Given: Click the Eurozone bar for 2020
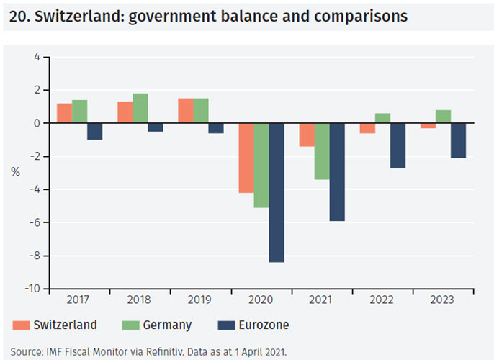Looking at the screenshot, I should pyautogui.click(x=277, y=192).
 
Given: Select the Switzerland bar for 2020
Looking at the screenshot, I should pyautogui.click(x=246, y=158).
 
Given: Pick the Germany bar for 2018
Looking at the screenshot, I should pyautogui.click(x=140, y=108).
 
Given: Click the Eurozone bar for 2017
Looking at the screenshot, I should pyautogui.click(x=94, y=131).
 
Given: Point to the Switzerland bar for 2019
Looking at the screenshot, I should pyautogui.click(x=185, y=111).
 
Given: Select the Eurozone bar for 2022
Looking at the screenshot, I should pyautogui.click(x=398, y=145).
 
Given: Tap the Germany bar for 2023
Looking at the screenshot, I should pyautogui.click(x=444, y=117).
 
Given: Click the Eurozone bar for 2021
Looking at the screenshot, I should pyautogui.click(x=337, y=172).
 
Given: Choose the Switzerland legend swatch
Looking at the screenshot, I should pyautogui.click(x=20, y=325).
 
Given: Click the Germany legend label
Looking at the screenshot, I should pyautogui.click(x=167, y=325).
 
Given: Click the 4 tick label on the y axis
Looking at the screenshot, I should pyautogui.click(x=36, y=57).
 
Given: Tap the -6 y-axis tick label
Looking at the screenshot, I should pyautogui.click(x=33, y=222).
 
